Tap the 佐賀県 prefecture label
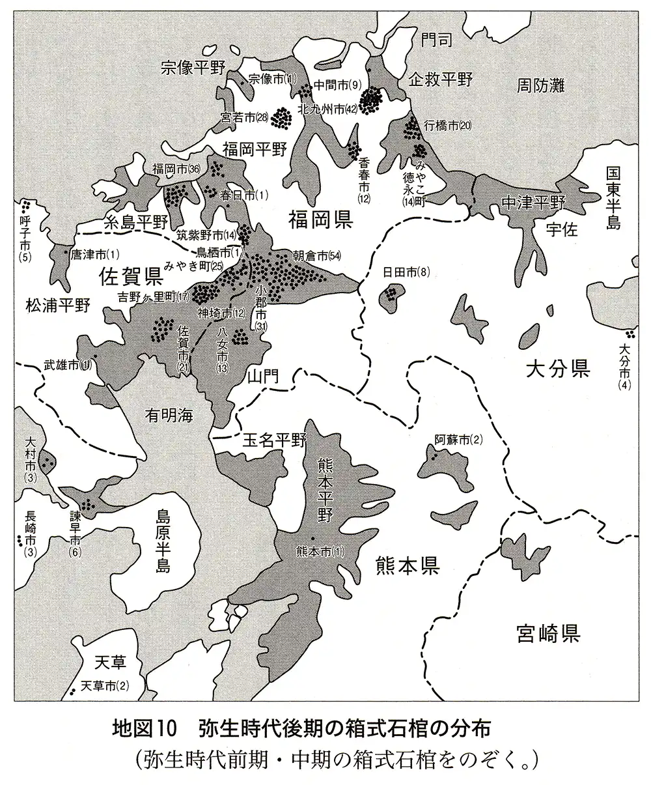coord(130,278)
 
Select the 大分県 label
coord(558,371)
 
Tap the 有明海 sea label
coord(170,415)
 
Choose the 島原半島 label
coord(163,540)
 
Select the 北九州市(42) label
coord(326,110)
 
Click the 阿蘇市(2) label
coord(458,439)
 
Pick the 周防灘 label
coord(541,85)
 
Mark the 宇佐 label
coord(562,231)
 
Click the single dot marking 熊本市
coord(312,538)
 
